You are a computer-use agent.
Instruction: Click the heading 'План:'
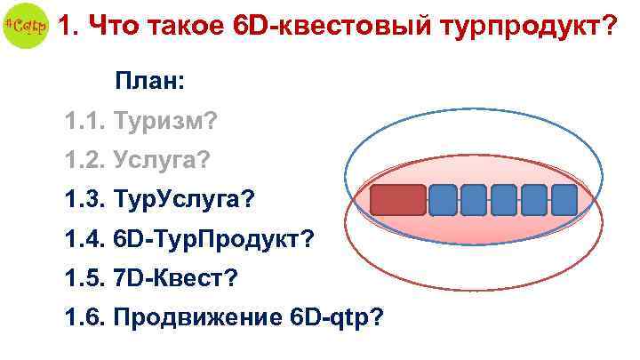click(149, 82)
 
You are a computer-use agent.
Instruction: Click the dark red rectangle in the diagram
click(397, 201)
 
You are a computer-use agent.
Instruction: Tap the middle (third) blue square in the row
click(504, 201)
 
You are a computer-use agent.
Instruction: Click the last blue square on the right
click(564, 201)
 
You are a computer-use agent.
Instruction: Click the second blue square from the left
click(474, 201)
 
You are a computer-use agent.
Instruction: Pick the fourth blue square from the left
click(534, 201)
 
